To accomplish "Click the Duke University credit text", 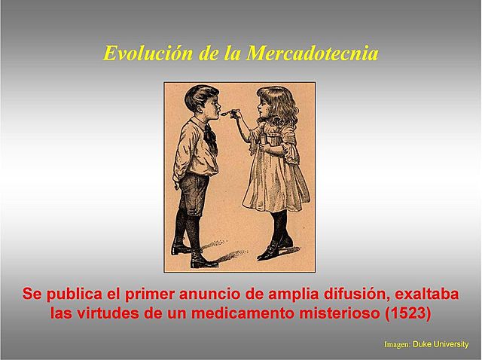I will (441, 344).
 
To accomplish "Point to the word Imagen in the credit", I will (396, 344).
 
